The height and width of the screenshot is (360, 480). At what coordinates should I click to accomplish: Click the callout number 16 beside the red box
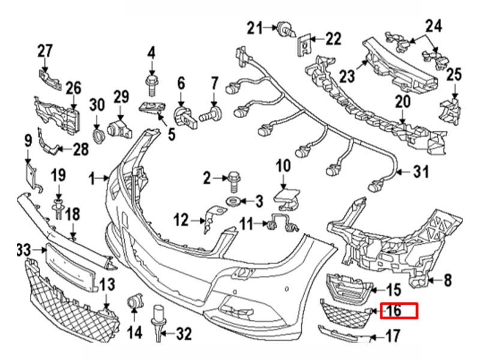(x=393, y=311)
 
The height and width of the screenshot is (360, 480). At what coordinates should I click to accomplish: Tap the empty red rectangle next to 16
(x=407, y=311)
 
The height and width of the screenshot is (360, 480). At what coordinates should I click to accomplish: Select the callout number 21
(x=256, y=28)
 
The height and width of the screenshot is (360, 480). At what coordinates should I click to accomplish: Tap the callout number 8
(x=447, y=279)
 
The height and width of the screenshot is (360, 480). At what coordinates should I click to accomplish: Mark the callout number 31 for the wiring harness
(x=421, y=173)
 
